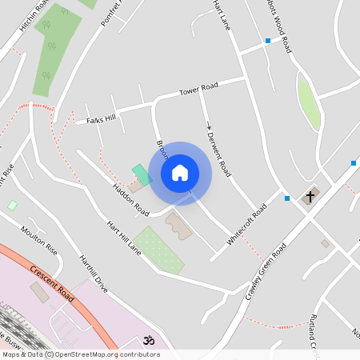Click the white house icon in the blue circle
click(180, 173)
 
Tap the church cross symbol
click(310, 196)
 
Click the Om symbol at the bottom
click(146, 341)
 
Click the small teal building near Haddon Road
click(141, 174)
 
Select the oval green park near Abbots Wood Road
click(308, 102)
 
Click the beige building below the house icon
click(178, 226)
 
